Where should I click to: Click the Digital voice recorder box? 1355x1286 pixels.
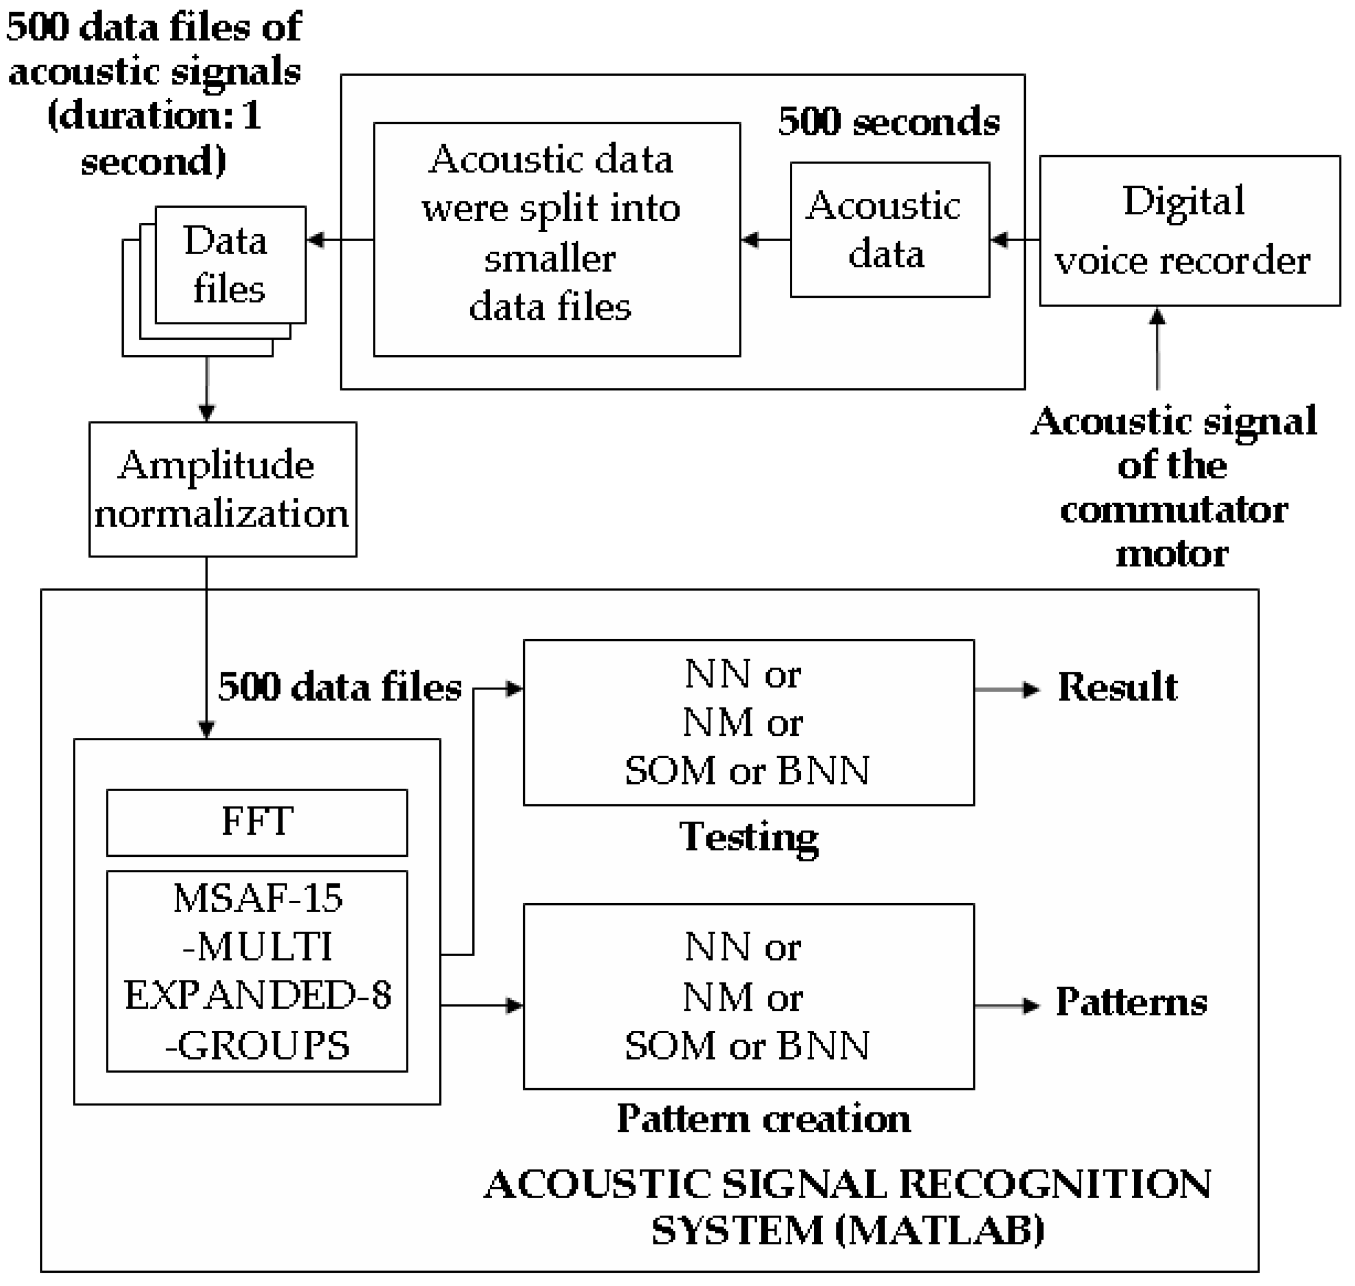point(1189,231)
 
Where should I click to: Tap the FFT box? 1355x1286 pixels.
point(257,822)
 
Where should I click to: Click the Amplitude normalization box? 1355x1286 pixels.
point(222,489)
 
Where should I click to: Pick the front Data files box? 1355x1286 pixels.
point(230,265)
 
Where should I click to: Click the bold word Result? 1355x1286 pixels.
point(1116,688)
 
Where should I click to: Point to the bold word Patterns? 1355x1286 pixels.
point(1131,1002)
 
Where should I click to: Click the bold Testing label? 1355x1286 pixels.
point(748,837)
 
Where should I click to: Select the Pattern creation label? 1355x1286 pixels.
point(763,1119)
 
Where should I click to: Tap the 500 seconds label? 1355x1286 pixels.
point(888,122)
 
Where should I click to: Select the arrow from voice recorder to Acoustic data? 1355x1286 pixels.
point(1014,240)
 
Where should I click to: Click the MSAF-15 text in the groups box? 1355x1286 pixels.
point(258,899)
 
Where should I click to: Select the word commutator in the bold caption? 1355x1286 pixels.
point(1173,510)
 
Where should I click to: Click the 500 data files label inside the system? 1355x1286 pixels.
point(340,688)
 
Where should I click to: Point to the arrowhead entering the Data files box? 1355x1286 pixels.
point(315,240)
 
